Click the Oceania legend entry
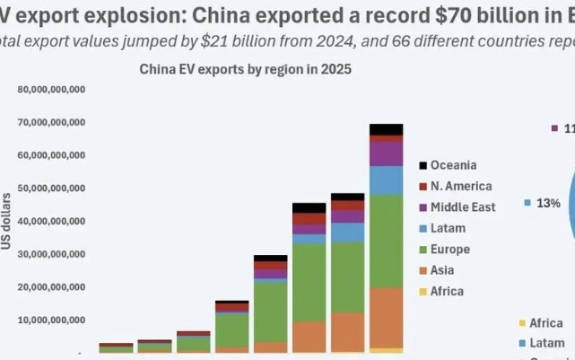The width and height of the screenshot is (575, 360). click(453, 165)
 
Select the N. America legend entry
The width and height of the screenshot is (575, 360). click(460, 186)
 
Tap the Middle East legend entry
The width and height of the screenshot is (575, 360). click(461, 207)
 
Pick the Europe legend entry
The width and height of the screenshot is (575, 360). click(449, 250)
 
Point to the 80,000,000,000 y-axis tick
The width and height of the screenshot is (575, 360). click(51, 90)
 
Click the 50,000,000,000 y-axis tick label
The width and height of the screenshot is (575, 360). click(51, 188)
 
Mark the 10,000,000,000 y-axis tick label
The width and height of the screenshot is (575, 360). click(51, 320)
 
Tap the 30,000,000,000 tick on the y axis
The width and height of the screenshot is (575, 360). click(51, 254)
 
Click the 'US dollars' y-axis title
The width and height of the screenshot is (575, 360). click(7, 221)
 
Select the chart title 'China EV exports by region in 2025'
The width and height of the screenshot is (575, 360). click(244, 69)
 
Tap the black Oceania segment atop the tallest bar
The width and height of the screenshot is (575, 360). click(386, 129)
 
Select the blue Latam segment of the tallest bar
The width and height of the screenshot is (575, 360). click(386, 180)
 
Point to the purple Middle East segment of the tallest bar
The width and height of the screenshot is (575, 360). click(386, 154)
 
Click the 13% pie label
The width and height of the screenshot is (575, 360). click(548, 204)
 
